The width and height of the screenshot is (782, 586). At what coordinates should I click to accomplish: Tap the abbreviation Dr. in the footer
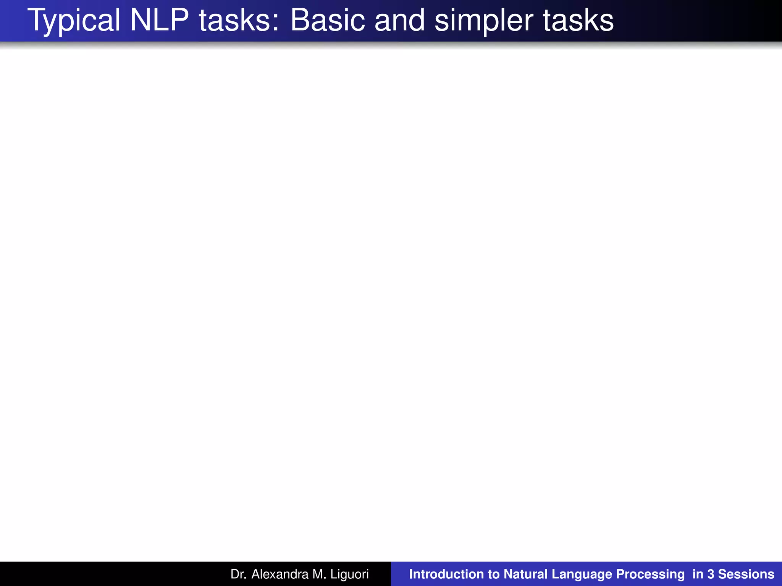pyautogui.click(x=238, y=574)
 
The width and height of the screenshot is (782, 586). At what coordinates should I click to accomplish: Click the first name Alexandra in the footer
pyautogui.click(x=280, y=574)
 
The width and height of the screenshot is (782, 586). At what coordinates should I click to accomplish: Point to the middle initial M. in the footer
pyautogui.click(x=319, y=574)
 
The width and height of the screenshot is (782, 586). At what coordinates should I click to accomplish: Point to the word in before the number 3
pyautogui.click(x=698, y=574)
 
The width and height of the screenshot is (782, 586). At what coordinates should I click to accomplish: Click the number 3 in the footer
pyautogui.click(x=711, y=574)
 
